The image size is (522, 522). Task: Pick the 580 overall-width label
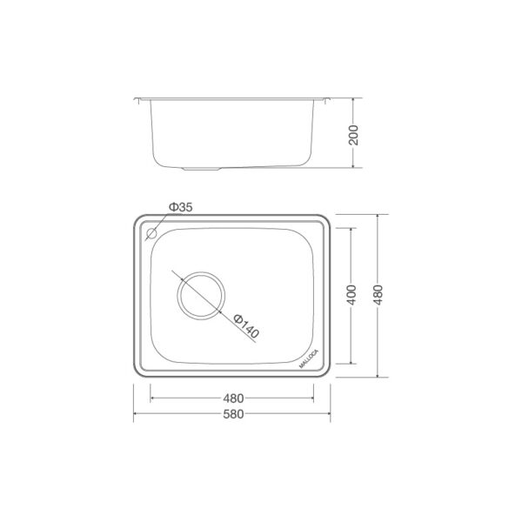(x=232, y=414)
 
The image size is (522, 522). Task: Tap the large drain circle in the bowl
(x=200, y=296)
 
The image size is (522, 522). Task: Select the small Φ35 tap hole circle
(x=151, y=233)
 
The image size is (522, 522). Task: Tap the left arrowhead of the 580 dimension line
(x=136, y=414)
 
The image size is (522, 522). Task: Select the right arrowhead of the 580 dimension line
(x=330, y=414)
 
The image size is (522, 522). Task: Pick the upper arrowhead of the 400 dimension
(x=351, y=231)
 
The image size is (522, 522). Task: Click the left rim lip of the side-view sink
(x=139, y=99)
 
